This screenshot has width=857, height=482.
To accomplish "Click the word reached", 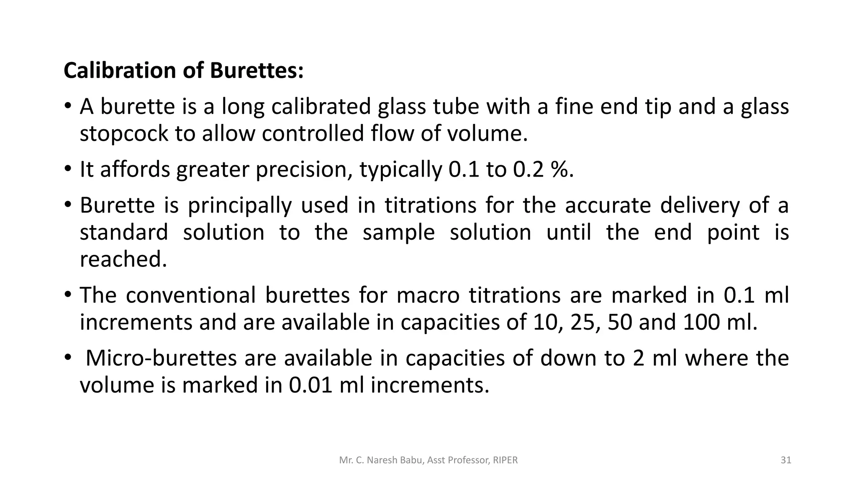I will pos(123,259).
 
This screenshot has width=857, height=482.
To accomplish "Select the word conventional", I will pos(190,295).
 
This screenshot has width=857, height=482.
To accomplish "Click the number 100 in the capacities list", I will pos(702,322).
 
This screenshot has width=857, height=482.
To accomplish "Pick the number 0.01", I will pos(310,385).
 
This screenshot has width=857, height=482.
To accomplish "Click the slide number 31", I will pos(786,460).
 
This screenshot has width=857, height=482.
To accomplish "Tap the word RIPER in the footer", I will pos(505,460).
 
